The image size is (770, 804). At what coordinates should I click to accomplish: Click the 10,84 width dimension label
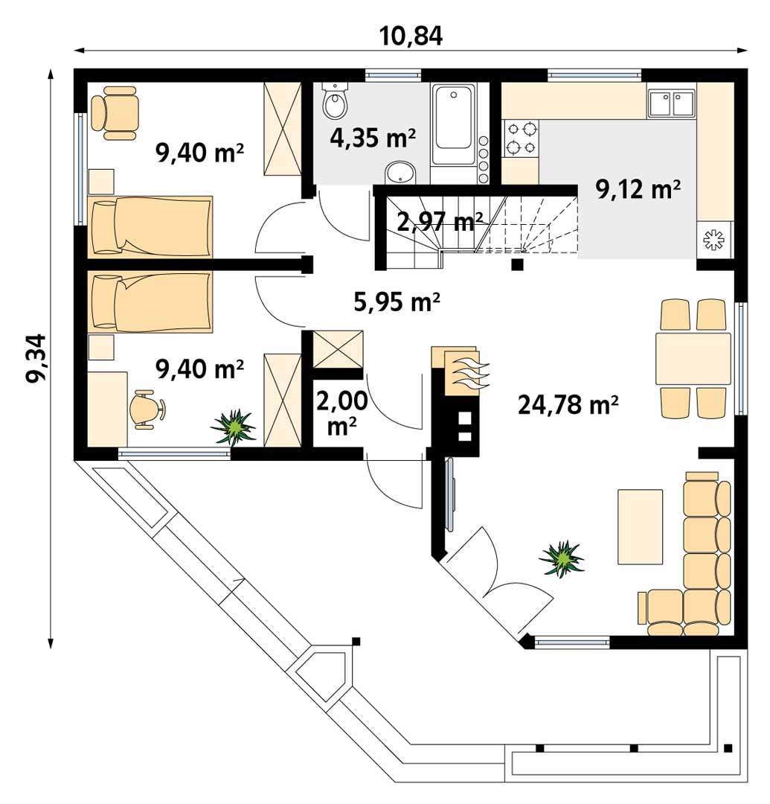point(411,36)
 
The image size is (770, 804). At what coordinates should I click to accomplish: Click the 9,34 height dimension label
point(37,358)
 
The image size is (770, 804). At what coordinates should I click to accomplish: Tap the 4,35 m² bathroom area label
point(373,138)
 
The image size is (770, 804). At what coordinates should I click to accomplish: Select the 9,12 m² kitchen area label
point(638,189)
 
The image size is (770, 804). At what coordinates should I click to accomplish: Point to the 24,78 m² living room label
point(568,404)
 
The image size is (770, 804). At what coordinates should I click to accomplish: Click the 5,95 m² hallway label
point(397,301)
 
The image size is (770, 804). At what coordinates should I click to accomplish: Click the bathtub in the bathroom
point(453,124)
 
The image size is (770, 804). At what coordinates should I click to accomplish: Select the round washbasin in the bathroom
point(401,172)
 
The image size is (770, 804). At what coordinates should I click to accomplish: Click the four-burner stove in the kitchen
point(522,139)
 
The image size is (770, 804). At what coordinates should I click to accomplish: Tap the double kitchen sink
point(671,103)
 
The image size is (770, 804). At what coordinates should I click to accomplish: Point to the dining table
point(693,358)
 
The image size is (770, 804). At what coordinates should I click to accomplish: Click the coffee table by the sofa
point(641,526)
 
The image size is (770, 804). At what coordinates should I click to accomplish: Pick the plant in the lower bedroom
point(234,427)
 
